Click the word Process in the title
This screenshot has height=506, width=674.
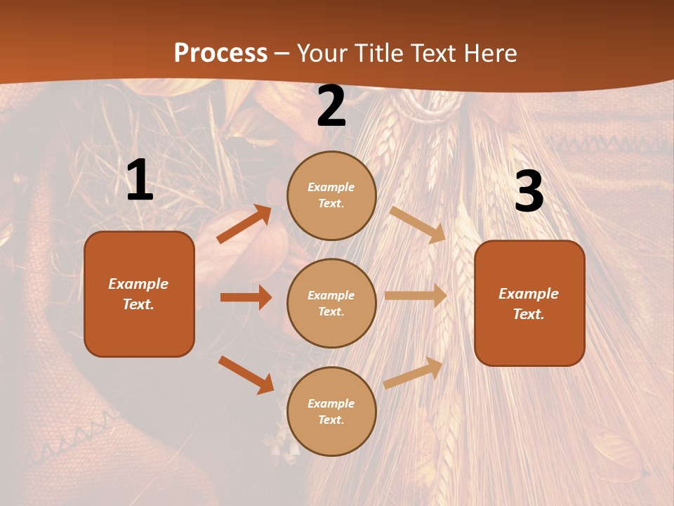pos(220,53)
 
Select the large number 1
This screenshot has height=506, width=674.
pos(140,181)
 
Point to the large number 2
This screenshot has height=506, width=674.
pos(331,106)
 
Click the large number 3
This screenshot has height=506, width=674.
pos(529,192)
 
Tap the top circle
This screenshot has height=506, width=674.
pos(331,195)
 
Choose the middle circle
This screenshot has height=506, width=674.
pos(331,303)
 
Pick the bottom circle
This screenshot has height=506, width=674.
pos(331,411)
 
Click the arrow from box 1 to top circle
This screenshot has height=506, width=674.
pos(244,224)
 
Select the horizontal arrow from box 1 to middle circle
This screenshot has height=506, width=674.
pos(246,297)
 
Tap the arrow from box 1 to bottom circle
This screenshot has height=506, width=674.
pos(246,375)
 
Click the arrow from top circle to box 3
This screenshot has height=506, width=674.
pos(417,224)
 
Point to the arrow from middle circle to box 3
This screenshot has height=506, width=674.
pos(416,295)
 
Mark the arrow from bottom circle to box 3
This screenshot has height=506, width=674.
pos(413,373)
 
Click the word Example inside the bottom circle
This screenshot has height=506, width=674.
pos(331,403)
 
